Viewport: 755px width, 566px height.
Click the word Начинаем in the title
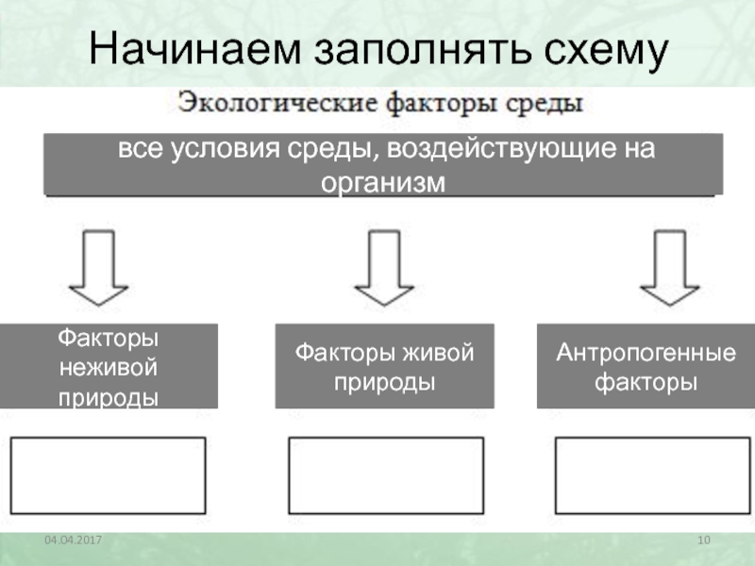[x=195, y=49]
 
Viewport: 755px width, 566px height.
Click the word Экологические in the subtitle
[x=277, y=103]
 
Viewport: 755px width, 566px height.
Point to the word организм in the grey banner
[x=383, y=183]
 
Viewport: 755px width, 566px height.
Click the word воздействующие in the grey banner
[x=501, y=148]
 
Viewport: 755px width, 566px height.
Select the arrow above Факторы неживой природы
[x=99, y=268]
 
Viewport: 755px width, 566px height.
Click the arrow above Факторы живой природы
[x=384, y=268]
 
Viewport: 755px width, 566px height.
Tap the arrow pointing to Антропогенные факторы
[x=669, y=268]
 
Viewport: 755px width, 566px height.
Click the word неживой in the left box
[x=109, y=368]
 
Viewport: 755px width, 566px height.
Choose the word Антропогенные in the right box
[x=646, y=353]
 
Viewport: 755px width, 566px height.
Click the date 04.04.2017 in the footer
[x=74, y=540]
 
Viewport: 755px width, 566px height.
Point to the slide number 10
[x=703, y=540]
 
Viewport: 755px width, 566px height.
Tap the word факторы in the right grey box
[x=646, y=383]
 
